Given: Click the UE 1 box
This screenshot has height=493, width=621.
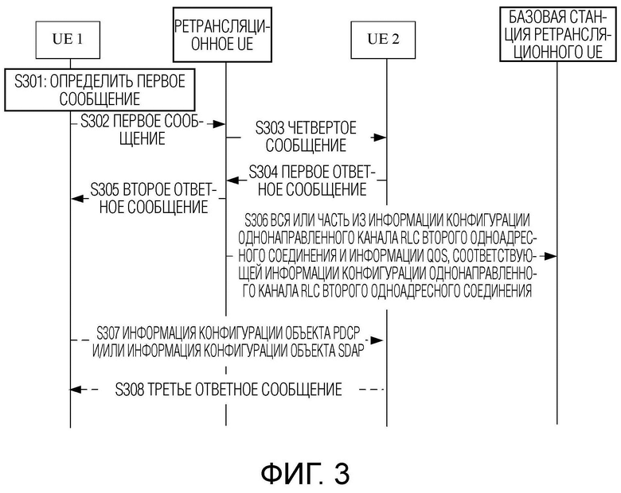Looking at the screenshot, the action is (x=68, y=40).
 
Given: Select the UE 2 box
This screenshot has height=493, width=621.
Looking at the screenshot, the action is (x=383, y=40).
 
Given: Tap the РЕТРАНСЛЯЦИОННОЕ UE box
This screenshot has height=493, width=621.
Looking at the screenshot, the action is (x=222, y=35).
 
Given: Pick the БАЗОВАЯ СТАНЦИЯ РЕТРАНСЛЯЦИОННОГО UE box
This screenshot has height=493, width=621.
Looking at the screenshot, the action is (x=558, y=34).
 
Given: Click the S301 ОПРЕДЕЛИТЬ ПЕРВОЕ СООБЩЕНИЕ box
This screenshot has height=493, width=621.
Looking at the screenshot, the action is (x=100, y=90).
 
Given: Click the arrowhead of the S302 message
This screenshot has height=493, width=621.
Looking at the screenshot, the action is (x=219, y=124).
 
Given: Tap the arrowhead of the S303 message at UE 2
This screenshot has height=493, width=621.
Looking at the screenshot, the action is (x=380, y=138).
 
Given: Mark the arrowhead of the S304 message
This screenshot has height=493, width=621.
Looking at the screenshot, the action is (x=233, y=181).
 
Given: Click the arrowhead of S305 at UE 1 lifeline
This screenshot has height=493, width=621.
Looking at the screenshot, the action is (x=78, y=199).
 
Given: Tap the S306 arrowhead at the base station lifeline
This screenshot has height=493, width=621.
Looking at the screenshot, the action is (x=550, y=256).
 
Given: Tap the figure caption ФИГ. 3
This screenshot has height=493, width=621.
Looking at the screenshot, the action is (x=306, y=473).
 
